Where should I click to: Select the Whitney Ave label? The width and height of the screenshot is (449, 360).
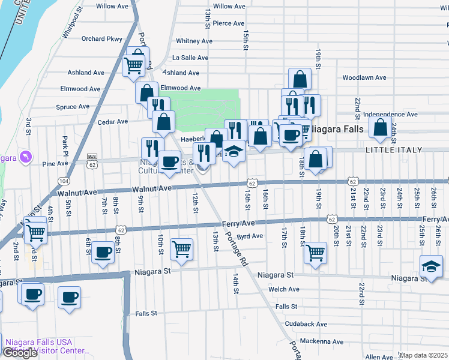[x=194, y=41]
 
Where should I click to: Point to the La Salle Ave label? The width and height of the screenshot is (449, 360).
[x=190, y=58]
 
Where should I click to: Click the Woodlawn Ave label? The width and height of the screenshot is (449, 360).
[x=364, y=78]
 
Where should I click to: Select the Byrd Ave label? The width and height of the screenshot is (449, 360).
[x=250, y=236]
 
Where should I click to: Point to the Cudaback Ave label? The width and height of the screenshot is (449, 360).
[x=306, y=324]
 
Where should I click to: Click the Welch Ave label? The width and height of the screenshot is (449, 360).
[x=285, y=289]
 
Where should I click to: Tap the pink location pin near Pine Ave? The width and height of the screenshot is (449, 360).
[x=25, y=157]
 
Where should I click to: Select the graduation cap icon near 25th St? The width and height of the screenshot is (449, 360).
[x=432, y=266]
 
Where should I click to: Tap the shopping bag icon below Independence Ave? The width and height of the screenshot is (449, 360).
[x=380, y=127]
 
